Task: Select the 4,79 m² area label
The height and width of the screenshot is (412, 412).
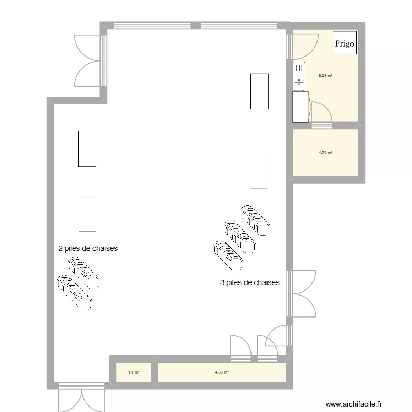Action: [325, 153]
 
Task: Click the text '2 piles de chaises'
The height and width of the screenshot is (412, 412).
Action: [88, 248]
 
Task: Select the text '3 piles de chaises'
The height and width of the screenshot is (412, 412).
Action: [249, 283]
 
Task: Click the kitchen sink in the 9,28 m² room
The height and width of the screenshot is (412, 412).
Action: [299, 76]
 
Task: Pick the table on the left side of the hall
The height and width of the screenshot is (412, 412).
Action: [87, 149]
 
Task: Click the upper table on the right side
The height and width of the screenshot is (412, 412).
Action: [259, 91]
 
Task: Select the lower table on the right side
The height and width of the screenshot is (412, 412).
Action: [259, 171]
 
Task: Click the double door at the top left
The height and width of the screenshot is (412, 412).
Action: [88, 60]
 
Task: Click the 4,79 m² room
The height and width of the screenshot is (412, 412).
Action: [325, 165]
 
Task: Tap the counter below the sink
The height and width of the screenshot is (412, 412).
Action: [300, 106]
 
